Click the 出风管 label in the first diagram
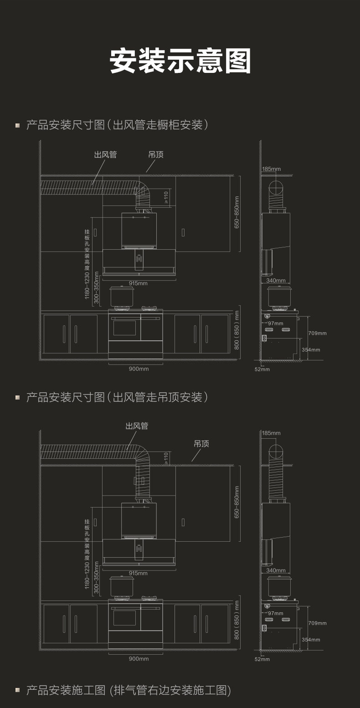tap(105, 155)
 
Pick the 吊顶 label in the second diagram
tap(201, 444)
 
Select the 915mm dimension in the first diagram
tap(138, 283)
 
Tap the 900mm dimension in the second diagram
tap(138, 659)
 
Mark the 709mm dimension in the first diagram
tap(317, 333)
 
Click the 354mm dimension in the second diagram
tap(311, 640)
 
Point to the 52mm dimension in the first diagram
tap(262, 369)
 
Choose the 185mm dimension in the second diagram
tap(271, 433)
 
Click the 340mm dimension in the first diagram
tap(276, 281)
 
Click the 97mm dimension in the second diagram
tap(275, 613)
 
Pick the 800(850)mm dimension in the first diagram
tap(237, 330)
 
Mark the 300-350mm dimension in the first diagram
tap(96, 287)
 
